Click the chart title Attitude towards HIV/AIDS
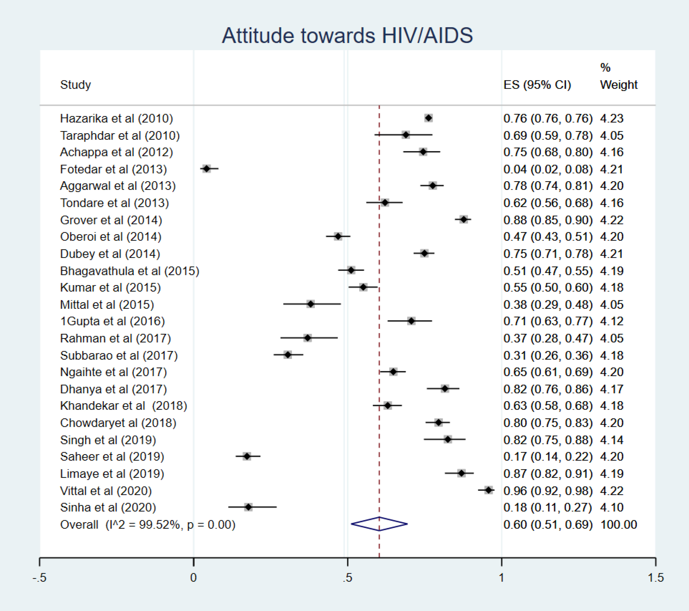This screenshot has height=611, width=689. click(x=347, y=36)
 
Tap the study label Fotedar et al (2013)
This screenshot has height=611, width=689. click(x=113, y=169)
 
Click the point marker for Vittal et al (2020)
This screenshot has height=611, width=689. click(x=488, y=490)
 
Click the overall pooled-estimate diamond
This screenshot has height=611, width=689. click(x=379, y=524)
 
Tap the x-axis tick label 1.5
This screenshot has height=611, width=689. click(x=656, y=578)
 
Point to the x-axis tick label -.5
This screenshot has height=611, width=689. click(x=39, y=578)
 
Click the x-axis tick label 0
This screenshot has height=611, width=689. click(x=193, y=578)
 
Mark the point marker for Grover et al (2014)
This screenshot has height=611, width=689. click(x=464, y=220)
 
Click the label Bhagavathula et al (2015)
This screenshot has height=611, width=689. click(x=129, y=271)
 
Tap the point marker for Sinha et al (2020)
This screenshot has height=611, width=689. click(x=249, y=507)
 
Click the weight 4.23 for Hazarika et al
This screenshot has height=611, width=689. click(x=612, y=118)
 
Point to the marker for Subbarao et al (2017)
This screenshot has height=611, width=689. click(x=288, y=355)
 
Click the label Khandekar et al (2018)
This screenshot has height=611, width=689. click(x=123, y=405)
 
